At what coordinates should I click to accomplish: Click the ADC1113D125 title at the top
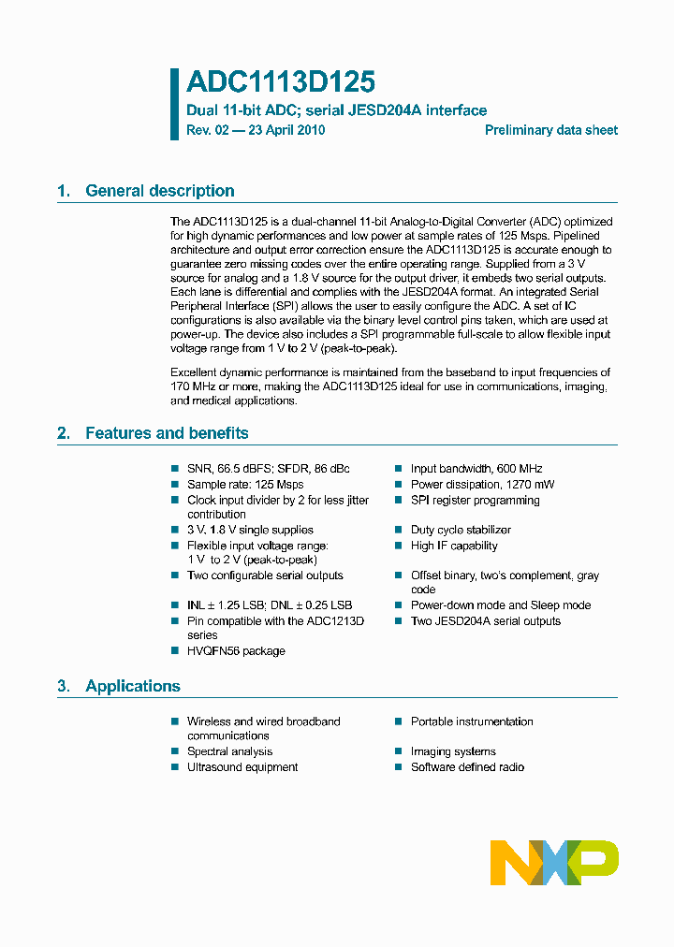(281, 82)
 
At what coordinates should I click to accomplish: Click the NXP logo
(554, 862)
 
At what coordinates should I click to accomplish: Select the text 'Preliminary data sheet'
(550, 130)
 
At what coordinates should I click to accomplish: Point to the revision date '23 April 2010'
(286, 130)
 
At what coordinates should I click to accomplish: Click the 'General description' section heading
(159, 191)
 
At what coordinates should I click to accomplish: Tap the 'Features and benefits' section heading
(167, 433)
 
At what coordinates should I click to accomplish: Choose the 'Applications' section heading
(132, 686)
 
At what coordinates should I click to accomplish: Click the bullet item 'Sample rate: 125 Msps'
(245, 485)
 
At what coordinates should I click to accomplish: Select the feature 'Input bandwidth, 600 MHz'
(476, 469)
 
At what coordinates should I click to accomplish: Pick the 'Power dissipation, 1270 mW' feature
(482, 485)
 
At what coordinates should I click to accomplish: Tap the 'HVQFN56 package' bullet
(236, 651)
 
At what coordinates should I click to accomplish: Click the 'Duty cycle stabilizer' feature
(461, 530)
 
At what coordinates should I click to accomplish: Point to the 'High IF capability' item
(454, 546)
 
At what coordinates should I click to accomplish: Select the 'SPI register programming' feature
(475, 501)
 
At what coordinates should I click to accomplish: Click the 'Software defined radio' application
(467, 767)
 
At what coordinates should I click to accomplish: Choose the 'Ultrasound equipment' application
(242, 767)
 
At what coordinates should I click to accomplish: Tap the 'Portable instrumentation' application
(472, 721)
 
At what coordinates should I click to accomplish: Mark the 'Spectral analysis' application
(229, 751)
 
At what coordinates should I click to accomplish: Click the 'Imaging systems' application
(453, 751)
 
